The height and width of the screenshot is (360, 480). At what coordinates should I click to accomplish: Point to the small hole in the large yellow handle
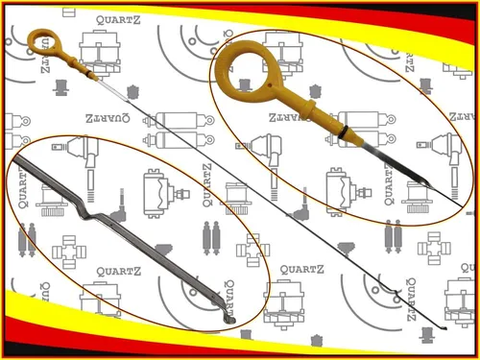coord(270,85)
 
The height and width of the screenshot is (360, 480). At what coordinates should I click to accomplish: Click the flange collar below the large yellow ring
coord(309,108)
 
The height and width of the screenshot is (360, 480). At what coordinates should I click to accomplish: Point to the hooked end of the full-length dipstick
coord(444,327)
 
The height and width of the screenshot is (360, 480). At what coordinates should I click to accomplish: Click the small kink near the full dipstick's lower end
coord(395,292)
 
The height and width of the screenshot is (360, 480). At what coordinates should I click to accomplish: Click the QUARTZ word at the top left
coord(118,20)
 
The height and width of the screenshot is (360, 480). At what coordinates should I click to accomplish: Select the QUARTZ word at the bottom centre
coord(301,270)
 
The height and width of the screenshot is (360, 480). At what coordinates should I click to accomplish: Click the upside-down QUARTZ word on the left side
coord(108,118)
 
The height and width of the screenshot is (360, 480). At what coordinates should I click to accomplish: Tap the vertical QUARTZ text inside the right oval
coord(389,183)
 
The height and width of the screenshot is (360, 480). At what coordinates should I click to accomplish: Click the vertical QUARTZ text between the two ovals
coord(207,185)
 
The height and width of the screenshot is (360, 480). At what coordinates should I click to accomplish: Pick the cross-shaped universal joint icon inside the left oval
coord(69,252)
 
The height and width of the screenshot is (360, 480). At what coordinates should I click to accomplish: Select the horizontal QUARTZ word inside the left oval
coord(118,272)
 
